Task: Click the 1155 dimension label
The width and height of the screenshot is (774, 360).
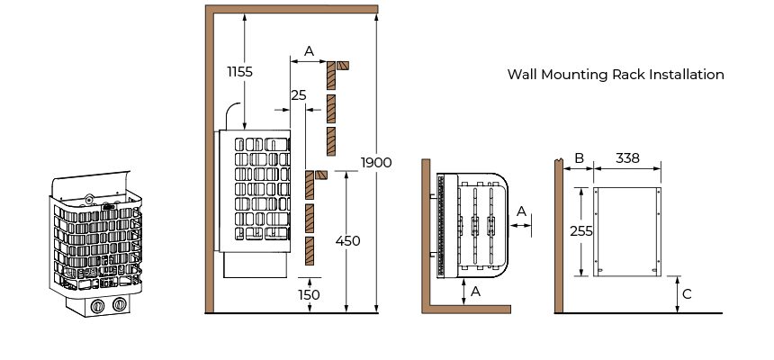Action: pos(240,72)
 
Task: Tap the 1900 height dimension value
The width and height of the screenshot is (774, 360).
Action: pos(376,163)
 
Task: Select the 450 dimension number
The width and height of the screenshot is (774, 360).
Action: pos(348,241)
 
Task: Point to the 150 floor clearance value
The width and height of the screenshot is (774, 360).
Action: pos(309,295)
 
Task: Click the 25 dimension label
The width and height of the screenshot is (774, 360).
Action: pos(299,95)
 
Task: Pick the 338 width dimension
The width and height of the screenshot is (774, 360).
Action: pos(628,158)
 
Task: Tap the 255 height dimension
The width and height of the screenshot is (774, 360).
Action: pos(581,231)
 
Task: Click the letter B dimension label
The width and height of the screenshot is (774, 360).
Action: pos(580,158)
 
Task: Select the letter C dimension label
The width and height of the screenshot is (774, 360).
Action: pos(687,294)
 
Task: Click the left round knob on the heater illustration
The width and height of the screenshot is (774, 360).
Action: pos(98,306)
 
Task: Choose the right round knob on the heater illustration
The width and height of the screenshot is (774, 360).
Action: pos(120,304)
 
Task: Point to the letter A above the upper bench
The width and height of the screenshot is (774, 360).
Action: pos(309,51)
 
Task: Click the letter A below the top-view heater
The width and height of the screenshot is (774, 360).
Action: pos(475,292)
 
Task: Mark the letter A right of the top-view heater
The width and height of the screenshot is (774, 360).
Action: pos(521,211)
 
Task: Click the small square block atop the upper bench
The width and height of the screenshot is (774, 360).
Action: pos(343,66)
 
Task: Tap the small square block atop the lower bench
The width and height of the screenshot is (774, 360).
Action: pos(321,175)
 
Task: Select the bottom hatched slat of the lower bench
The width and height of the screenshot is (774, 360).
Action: pos(310,251)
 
